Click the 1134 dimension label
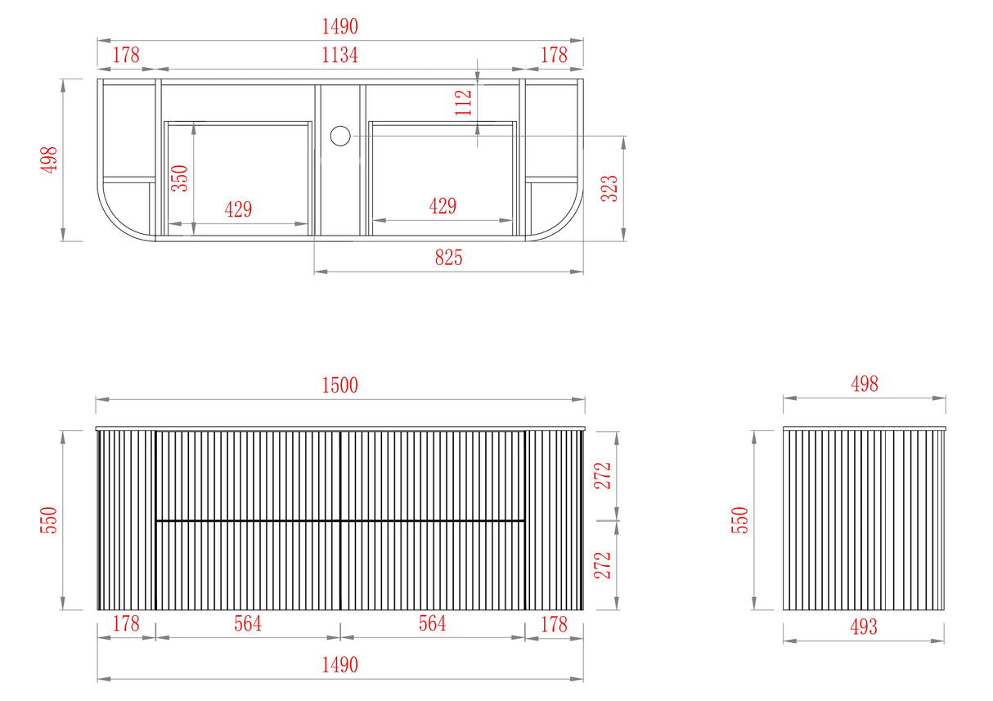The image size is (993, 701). pyautogui.click(x=339, y=56)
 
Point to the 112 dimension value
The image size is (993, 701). pyautogui.click(x=463, y=102)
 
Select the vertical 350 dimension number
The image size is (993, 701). pyautogui.click(x=180, y=178)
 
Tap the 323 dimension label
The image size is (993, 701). pyautogui.click(x=609, y=188)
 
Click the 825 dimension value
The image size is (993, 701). pyautogui.click(x=448, y=258)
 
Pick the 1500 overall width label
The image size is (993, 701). pyautogui.click(x=339, y=385)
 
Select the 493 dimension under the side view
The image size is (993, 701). pyautogui.click(x=864, y=627)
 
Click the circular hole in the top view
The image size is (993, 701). pyautogui.click(x=340, y=136)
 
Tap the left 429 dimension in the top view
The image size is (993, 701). pyautogui.click(x=238, y=209)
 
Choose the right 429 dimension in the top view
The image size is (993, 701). pyautogui.click(x=443, y=206)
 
